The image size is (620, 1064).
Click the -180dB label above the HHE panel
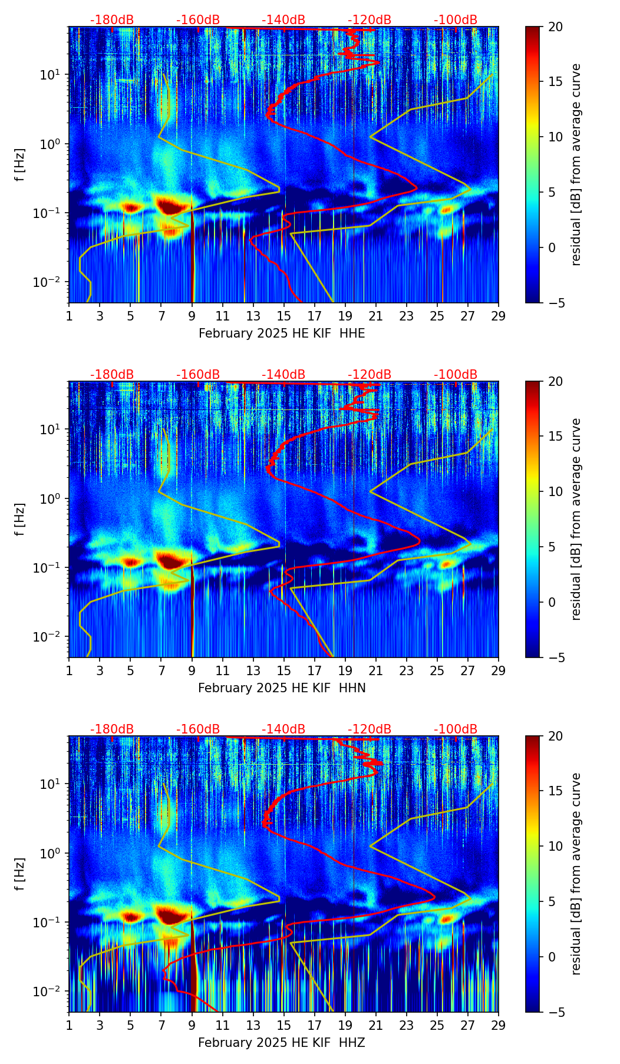pyautogui.click(x=112, y=20)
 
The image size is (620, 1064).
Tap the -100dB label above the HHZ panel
pyautogui.click(x=456, y=729)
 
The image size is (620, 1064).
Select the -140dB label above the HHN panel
pyautogui.click(x=283, y=375)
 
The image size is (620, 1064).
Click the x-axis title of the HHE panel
pyautogui.click(x=282, y=333)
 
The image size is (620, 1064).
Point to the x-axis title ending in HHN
pyautogui.click(x=282, y=688)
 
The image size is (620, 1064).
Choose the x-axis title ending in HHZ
pyautogui.click(x=282, y=1043)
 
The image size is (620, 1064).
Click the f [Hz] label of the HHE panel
pyautogui.click(x=21, y=165)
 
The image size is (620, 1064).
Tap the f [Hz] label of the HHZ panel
pyautogui.click(x=21, y=874)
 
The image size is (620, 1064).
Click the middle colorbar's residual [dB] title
pyautogui.click(x=576, y=519)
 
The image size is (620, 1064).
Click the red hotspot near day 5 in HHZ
pyautogui.click(x=131, y=917)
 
